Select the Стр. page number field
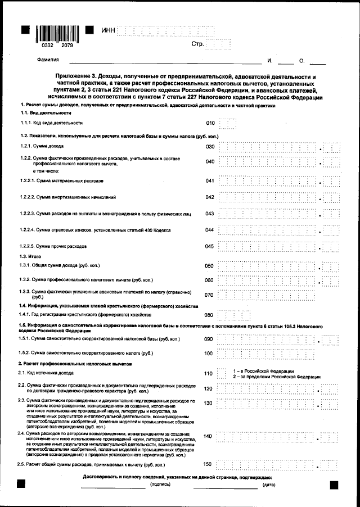218,44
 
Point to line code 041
210,181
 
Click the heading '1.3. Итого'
31,256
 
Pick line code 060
209,280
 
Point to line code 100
209,354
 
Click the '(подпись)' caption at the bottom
161,485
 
